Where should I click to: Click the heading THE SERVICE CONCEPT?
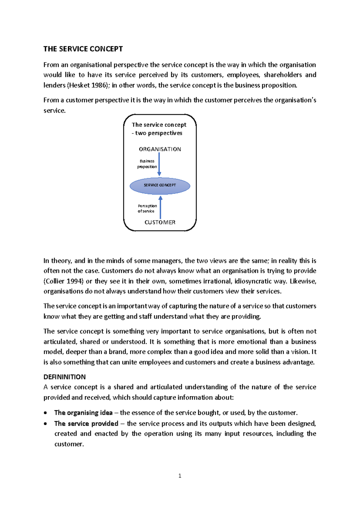click(x=83, y=49)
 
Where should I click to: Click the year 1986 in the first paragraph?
click(x=99, y=85)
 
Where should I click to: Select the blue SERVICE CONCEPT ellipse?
click(x=160, y=186)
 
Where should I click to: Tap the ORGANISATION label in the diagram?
click(x=160, y=149)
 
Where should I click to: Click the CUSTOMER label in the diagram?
click(x=160, y=222)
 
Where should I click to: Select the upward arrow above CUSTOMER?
click(x=160, y=207)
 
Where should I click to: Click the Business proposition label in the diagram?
click(x=147, y=164)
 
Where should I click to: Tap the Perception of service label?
click(x=147, y=209)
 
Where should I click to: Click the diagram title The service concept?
click(x=159, y=125)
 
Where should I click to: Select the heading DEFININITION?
click(x=64, y=377)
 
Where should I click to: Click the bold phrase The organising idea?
click(x=83, y=413)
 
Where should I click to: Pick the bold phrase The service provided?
click(x=86, y=423)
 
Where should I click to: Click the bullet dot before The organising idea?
click(x=45, y=413)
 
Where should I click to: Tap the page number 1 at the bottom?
click(x=180, y=476)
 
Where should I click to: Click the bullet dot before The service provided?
click(x=45, y=424)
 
